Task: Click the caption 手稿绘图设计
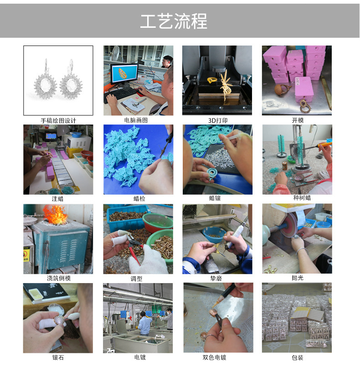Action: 58,121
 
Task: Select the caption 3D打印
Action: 217,121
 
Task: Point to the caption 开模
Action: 298,121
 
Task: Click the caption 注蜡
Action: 58,199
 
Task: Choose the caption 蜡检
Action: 139,199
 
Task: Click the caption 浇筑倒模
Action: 58,278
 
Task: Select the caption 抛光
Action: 298,278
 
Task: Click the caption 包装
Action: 298,357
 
